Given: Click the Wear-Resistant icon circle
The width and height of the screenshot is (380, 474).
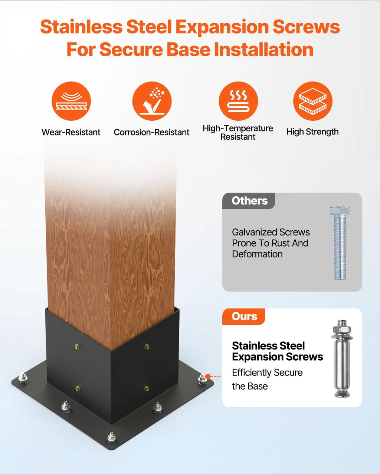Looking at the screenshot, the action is tap(71, 101).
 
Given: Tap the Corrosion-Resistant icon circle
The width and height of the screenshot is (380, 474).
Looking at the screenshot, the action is tap(152, 101).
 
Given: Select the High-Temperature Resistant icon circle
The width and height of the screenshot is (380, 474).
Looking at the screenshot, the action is tap(238, 101).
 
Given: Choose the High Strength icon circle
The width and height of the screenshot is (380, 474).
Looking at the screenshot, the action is tap(313, 101).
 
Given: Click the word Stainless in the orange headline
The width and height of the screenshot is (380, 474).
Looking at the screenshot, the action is tap(81, 27).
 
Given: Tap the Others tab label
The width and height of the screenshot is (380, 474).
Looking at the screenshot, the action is tap(249, 201).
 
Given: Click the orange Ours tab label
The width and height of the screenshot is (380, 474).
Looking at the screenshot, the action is tap(245, 316).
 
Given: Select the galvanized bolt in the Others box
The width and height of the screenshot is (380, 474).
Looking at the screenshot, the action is tap(340, 243).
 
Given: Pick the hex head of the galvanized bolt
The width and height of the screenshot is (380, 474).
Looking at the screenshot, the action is tap(340, 211).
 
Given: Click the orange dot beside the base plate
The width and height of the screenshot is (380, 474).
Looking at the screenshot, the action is tap(208, 377).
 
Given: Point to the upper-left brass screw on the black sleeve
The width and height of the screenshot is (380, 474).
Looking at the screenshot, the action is tap(77, 347).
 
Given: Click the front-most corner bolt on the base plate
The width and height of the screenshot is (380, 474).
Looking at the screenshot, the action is tap(111, 437).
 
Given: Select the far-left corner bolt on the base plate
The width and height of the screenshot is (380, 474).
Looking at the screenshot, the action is tap(23, 378).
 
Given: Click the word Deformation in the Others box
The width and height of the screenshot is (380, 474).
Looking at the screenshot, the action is tap(257, 254).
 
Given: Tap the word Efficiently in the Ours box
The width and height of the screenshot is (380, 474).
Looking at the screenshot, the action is tap(252, 373).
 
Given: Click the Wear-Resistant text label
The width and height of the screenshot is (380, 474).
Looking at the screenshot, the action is tap(71, 132).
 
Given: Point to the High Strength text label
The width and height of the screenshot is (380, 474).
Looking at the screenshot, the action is tap(312, 132).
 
